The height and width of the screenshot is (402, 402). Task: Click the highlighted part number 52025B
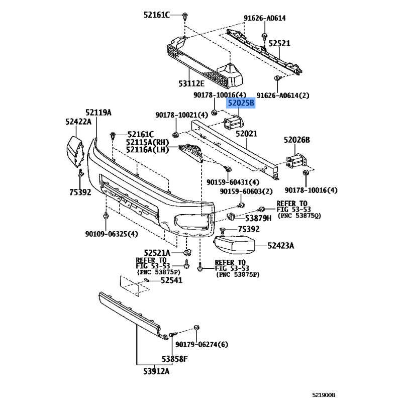pos(241,103)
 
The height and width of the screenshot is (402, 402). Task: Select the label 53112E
pos(191,83)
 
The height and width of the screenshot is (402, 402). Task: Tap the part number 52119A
pos(98,112)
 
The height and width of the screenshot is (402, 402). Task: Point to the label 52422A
pos(78,122)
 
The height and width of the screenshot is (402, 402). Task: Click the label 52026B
pos(296,140)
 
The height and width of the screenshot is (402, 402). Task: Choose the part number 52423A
pos(281,246)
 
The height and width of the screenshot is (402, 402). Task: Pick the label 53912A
pos(156,371)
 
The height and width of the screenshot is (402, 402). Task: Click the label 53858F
pos(174,359)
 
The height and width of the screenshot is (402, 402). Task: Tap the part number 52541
pos(171,280)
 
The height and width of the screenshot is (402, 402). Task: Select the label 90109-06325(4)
pos(112,234)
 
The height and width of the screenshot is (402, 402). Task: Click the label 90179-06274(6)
pos(202,344)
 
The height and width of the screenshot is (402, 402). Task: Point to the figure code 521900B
pos(324,395)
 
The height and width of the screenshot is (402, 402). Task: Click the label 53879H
pos(258,218)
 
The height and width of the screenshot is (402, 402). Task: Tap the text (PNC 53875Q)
pos(299,216)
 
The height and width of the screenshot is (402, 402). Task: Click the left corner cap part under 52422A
pos(74,151)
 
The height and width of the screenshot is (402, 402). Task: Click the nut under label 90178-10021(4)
pos(175,135)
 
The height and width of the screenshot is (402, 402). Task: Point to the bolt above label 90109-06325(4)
pos(106,216)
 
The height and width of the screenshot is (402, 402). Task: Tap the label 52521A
pos(157,253)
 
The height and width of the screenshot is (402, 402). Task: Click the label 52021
pos(246,134)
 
